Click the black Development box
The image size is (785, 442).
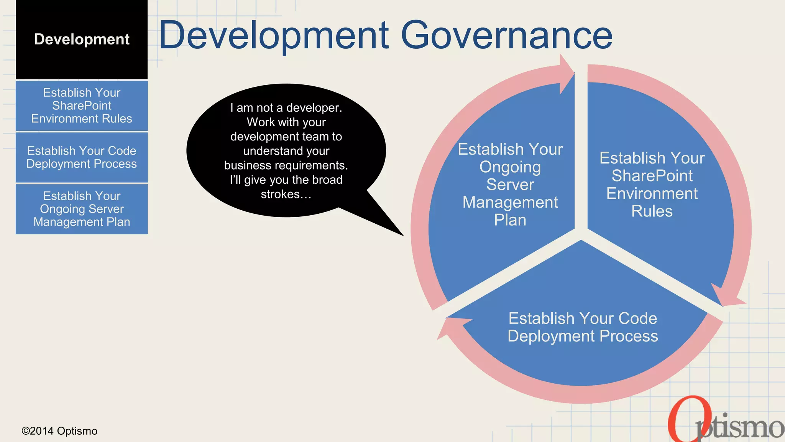click(81, 40)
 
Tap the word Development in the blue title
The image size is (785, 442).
click(274, 35)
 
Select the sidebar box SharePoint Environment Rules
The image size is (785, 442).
click(81, 106)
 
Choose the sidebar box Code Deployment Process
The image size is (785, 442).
click(81, 157)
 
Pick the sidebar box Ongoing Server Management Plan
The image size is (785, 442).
click(81, 209)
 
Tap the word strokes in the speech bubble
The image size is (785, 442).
click(280, 194)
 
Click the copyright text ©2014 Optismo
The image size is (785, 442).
click(59, 431)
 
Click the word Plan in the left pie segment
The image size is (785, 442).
click(510, 220)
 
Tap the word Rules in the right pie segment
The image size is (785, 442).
click(652, 211)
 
